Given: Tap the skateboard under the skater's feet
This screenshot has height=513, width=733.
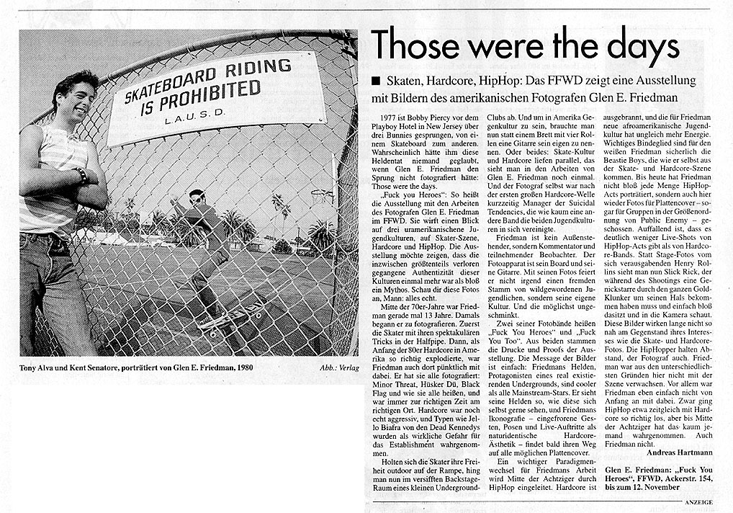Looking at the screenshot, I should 235,316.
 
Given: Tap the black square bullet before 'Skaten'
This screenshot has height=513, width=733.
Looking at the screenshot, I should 377,80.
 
